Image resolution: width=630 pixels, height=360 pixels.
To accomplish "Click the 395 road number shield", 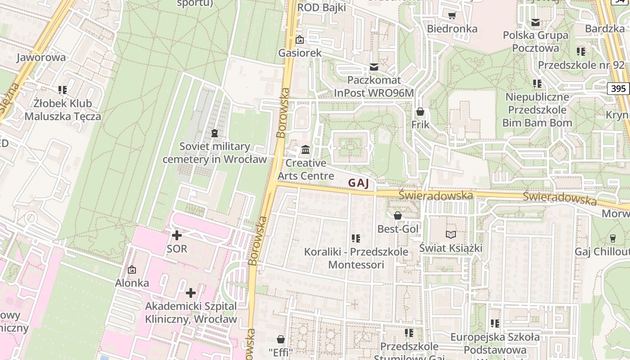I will [x=618, y=89].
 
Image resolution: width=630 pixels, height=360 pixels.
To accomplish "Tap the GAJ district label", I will [x=358, y=183].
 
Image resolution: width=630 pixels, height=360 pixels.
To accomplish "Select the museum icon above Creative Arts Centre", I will [x=306, y=149].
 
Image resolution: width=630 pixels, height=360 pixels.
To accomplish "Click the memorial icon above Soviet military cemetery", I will [x=215, y=133].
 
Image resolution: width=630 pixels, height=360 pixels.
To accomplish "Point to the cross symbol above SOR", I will [x=177, y=235].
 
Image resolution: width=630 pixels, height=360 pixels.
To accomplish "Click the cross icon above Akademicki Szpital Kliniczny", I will [x=191, y=293].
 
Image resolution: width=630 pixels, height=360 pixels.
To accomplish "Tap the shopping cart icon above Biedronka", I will [x=452, y=16].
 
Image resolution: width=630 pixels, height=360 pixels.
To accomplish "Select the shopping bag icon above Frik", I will [x=420, y=111].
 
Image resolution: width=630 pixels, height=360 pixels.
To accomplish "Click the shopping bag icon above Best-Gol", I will [x=398, y=216].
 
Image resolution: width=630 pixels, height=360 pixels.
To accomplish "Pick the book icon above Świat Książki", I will [x=451, y=234].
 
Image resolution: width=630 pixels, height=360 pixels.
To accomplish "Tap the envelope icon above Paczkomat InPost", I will [x=374, y=67].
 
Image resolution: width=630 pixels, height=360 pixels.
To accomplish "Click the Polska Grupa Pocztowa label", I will [x=535, y=41].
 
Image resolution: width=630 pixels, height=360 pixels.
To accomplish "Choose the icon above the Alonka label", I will [x=132, y=270].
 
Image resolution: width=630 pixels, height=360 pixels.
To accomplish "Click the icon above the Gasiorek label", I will [x=300, y=40].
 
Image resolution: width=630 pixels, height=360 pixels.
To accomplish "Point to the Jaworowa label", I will [x=41, y=57].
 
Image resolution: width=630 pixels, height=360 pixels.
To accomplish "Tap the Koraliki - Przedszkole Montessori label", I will [x=356, y=258].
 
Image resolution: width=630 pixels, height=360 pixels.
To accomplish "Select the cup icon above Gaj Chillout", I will [x=612, y=238].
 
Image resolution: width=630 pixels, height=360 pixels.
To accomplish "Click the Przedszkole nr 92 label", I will [x=581, y=65].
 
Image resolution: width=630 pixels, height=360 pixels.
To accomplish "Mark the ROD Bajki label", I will [x=321, y=8].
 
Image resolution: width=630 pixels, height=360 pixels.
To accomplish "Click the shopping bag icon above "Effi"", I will [x=281, y=339].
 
